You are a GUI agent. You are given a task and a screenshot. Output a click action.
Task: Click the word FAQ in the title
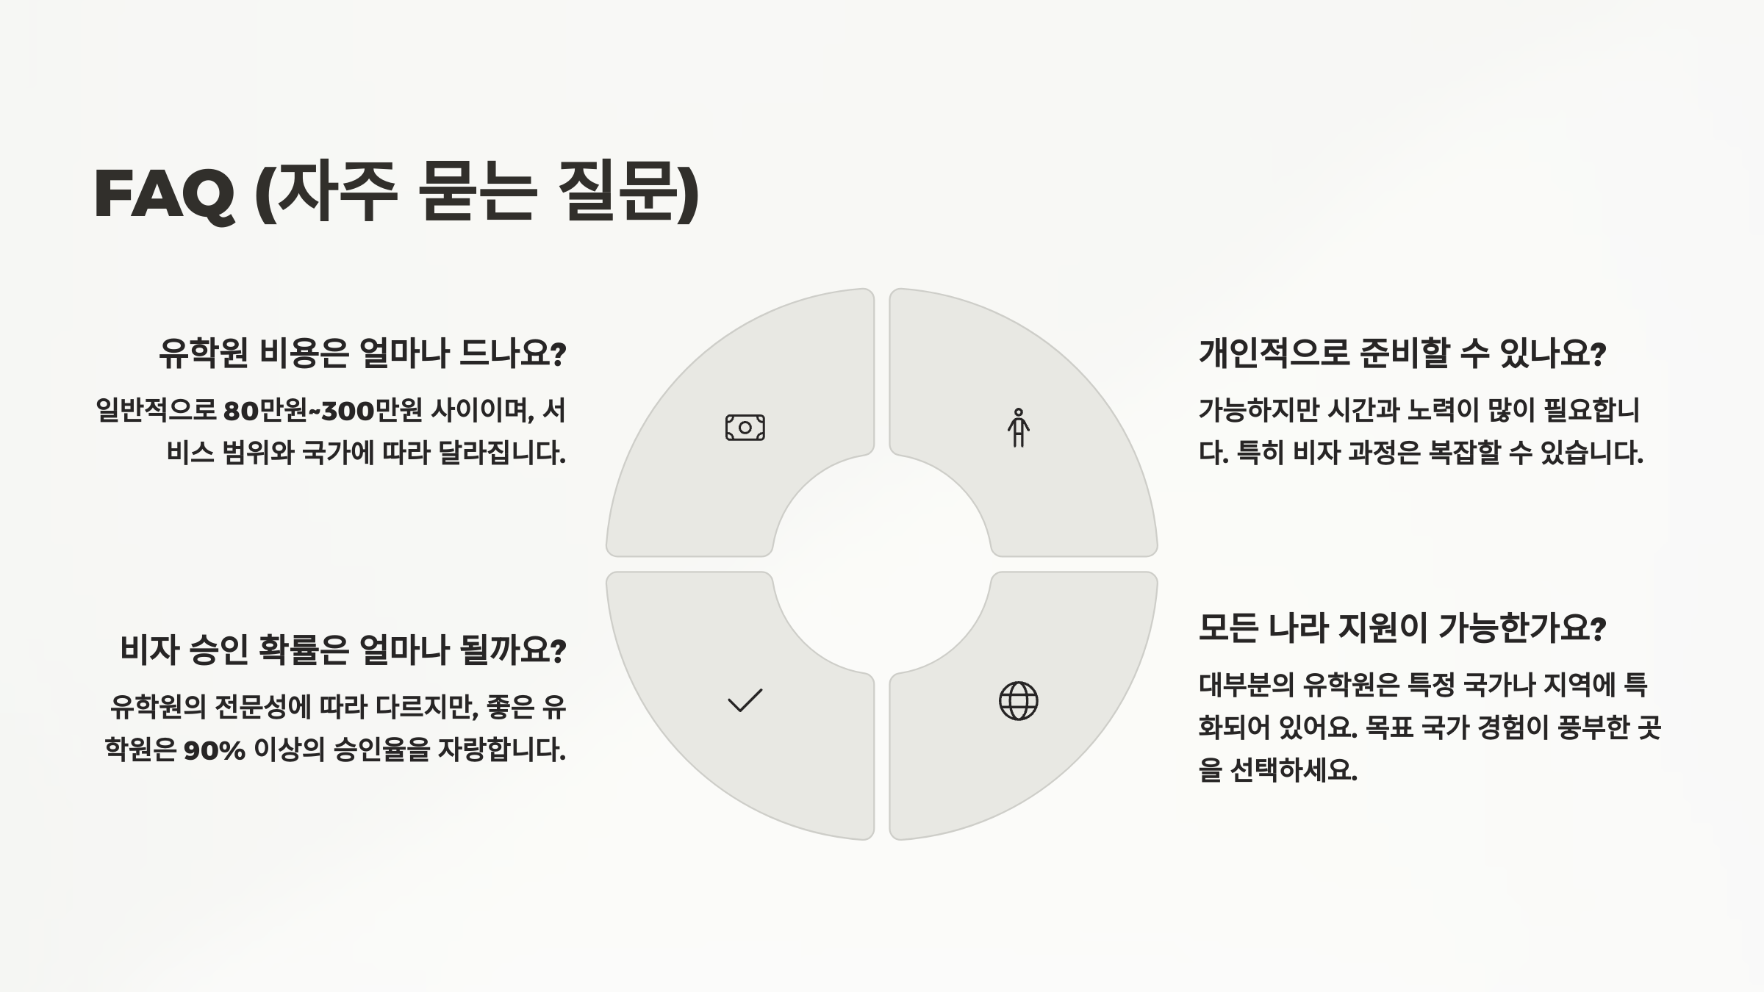(164, 194)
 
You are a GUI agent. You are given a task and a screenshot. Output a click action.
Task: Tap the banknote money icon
(745, 428)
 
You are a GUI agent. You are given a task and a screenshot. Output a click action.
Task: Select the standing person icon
(1018, 428)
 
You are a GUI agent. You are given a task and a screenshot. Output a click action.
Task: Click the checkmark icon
(745, 701)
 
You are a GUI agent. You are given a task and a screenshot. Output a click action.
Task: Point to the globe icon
(1018, 701)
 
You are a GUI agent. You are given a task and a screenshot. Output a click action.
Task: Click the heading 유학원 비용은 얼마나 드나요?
(362, 353)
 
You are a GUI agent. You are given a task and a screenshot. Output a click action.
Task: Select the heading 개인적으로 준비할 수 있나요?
(1402, 353)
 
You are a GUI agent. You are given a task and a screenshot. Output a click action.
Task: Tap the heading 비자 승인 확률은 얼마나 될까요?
(343, 650)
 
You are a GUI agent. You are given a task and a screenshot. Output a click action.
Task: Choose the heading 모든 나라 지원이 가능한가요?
(1402, 628)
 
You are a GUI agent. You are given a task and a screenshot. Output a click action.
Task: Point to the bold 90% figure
(214, 751)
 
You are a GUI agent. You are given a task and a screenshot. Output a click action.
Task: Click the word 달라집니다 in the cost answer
(502, 453)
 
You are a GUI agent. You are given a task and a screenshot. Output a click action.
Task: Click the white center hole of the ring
(881, 564)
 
